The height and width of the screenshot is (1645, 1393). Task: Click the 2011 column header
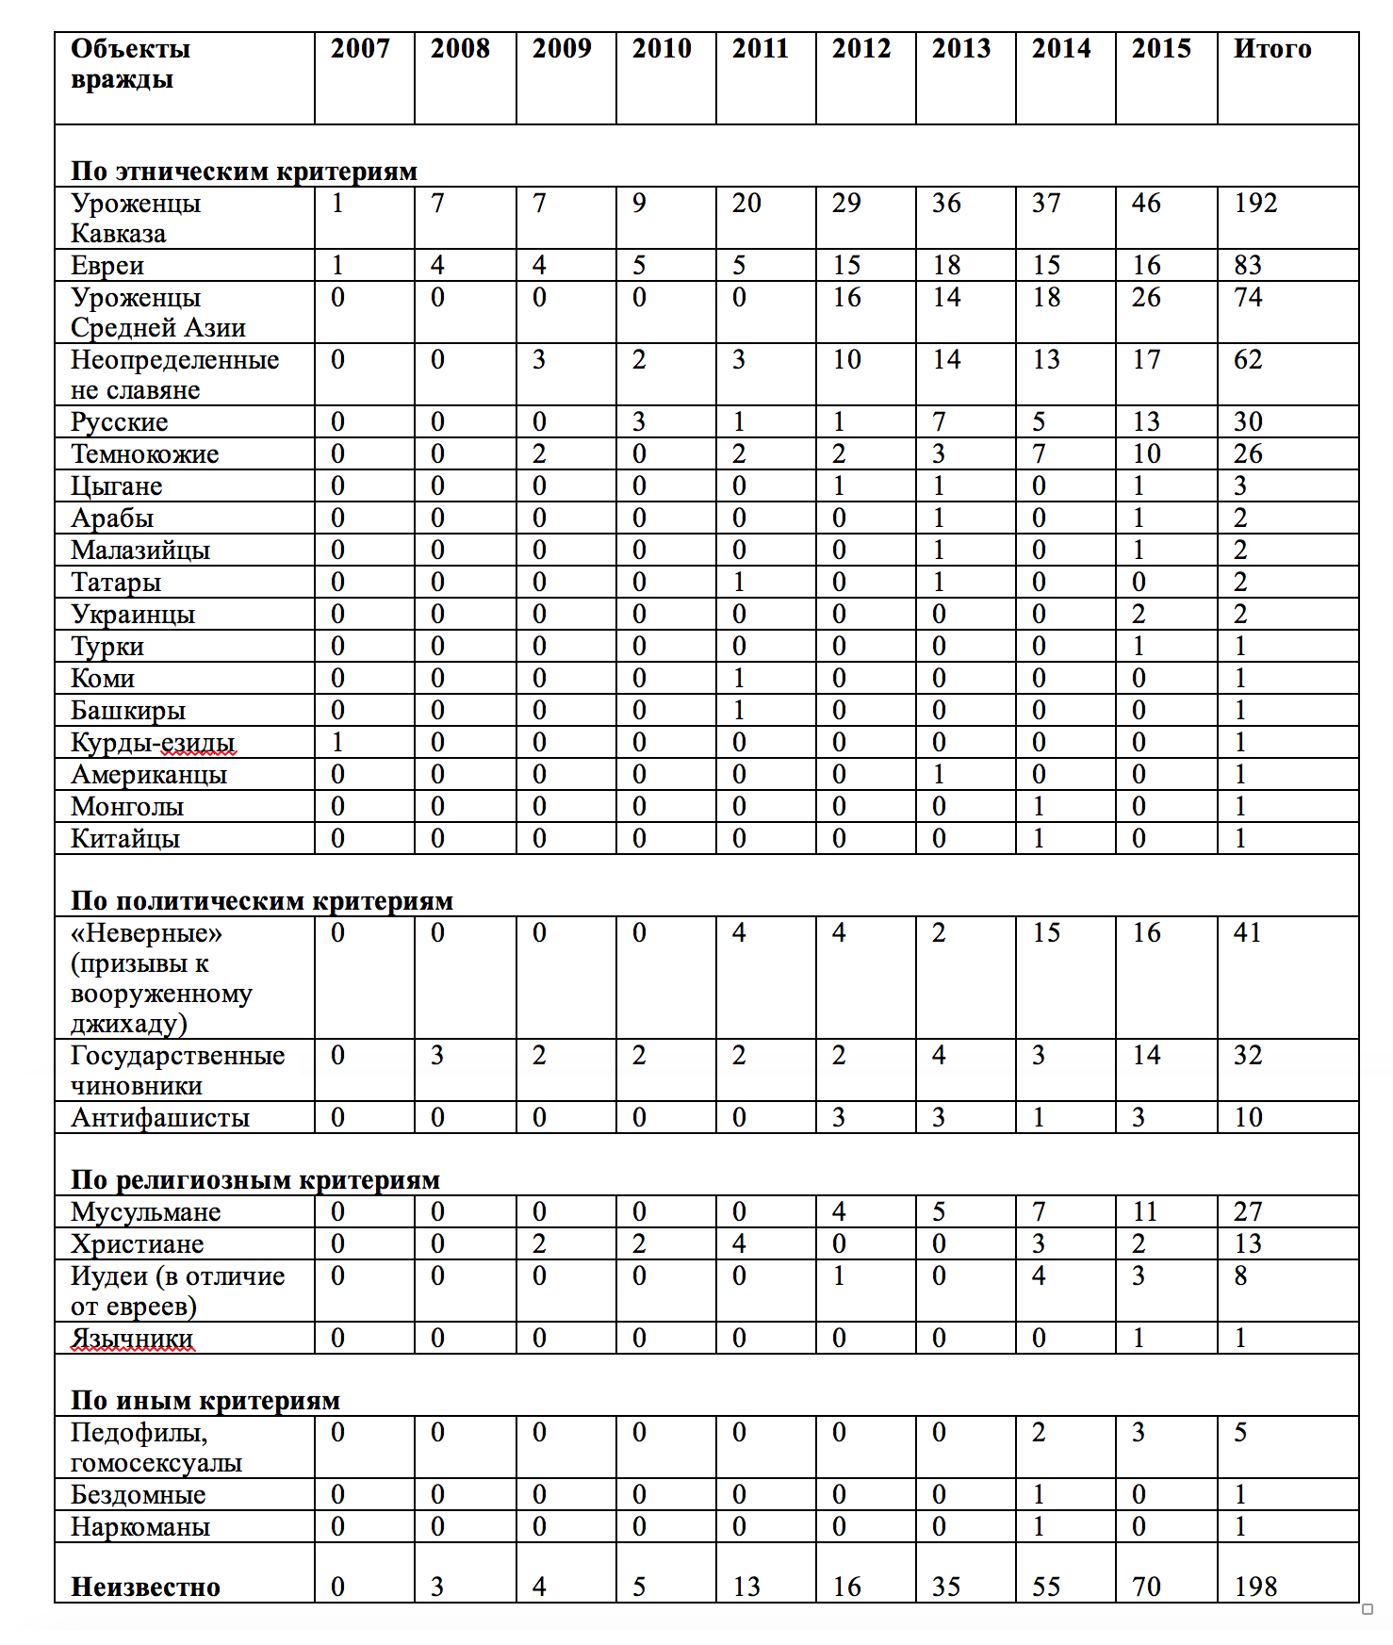tap(760, 49)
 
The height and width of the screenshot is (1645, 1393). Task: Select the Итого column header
tap(1271, 49)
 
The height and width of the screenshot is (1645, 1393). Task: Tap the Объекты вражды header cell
tap(130, 63)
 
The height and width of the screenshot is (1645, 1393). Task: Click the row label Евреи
tap(107, 266)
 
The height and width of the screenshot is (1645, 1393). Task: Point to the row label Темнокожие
tap(144, 454)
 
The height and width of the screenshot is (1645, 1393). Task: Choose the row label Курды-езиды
tap(153, 743)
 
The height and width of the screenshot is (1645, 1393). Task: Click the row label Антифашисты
tap(160, 1118)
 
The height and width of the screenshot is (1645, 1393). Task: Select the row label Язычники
tap(132, 1339)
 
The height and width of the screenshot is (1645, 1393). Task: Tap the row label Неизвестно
tap(145, 1587)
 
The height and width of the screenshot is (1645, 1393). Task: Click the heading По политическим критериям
tap(262, 901)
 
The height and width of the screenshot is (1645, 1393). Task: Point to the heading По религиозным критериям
tap(255, 1180)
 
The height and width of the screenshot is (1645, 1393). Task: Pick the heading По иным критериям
tap(205, 1401)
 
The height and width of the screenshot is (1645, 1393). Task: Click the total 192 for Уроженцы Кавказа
tap(1255, 204)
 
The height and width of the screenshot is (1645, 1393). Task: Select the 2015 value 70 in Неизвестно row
tap(1146, 1587)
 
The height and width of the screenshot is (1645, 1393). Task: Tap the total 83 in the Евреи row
tap(1248, 266)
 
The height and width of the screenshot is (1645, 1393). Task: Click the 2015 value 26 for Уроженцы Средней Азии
tap(1146, 298)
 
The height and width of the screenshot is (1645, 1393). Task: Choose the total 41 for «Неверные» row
tap(1247, 933)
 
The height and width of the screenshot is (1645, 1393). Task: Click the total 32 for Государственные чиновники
tap(1248, 1056)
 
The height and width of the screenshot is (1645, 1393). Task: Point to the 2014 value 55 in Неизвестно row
tap(1046, 1587)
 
